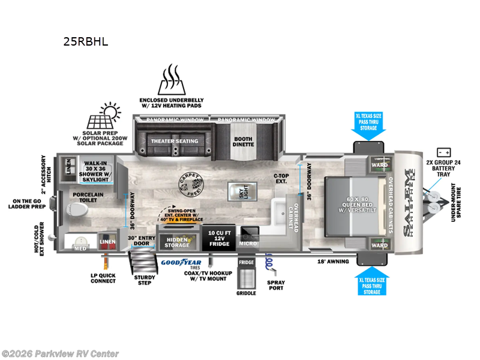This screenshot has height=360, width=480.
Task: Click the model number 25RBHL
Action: tap(86, 43)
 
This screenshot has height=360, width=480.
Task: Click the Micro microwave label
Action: tap(248, 242)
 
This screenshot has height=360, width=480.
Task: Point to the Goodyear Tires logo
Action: tap(181, 262)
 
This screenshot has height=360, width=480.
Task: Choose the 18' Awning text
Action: tap(332, 261)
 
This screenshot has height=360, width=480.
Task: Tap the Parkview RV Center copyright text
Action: tap(60, 353)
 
